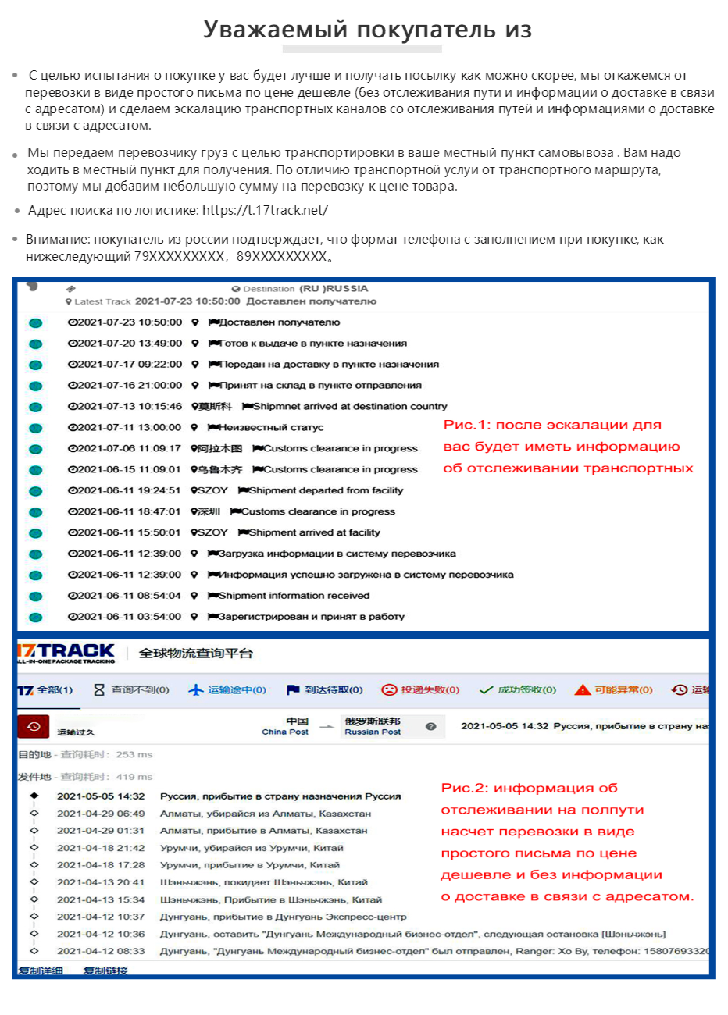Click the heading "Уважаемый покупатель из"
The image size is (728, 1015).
[x=368, y=30]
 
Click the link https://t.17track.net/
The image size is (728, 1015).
[x=265, y=210]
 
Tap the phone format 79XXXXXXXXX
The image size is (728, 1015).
[x=179, y=256]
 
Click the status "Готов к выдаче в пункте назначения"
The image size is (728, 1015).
[x=312, y=343]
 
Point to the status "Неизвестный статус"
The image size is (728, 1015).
[x=270, y=427]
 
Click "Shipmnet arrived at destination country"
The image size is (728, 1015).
[x=349, y=406]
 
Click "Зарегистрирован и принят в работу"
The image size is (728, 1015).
[x=311, y=616]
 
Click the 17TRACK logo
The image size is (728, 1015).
[x=66, y=653]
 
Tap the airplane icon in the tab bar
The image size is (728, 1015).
[x=196, y=689]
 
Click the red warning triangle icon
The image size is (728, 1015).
[x=583, y=689]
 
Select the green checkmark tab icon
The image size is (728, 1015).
[x=486, y=689]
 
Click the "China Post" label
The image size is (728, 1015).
[x=285, y=732]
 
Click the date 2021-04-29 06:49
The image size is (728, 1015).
[x=101, y=814]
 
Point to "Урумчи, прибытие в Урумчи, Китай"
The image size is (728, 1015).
[x=250, y=865]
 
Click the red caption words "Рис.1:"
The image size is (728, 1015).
[x=466, y=425]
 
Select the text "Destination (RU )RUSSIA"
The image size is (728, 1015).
[x=305, y=289]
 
